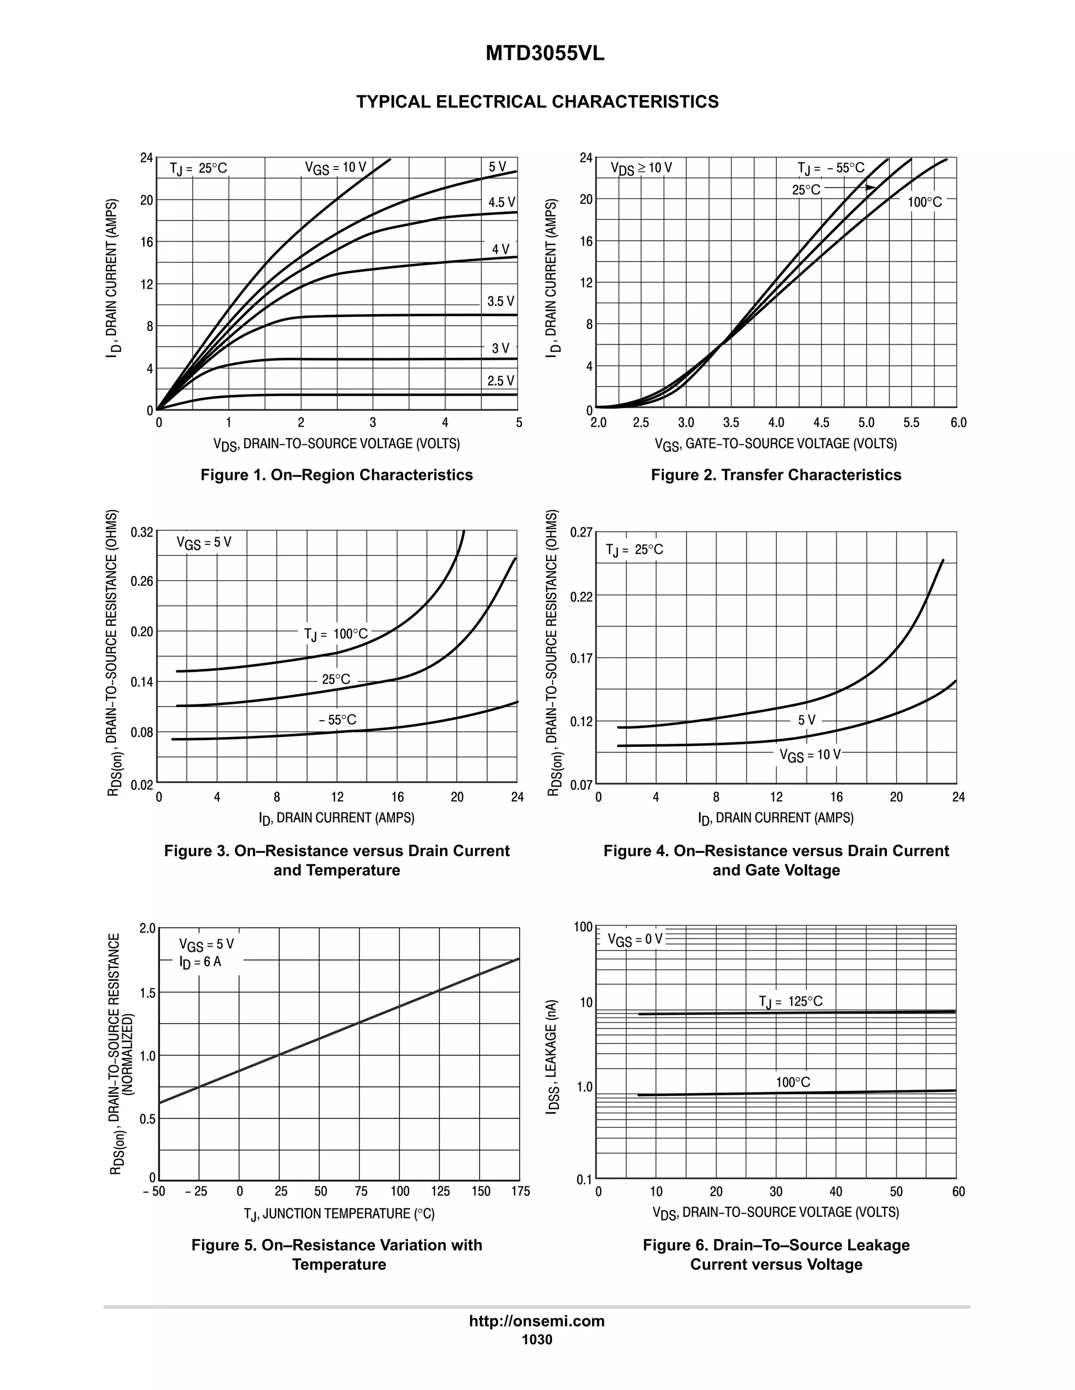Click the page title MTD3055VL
click(544, 54)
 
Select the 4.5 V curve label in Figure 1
click(501, 202)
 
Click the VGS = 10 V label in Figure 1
click(335, 167)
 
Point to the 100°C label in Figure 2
click(925, 202)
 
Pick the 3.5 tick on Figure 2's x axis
click(731, 423)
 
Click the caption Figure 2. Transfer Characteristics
click(776, 475)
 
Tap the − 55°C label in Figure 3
click(338, 720)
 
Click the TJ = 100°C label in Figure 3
click(335, 634)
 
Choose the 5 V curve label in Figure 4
click(806, 720)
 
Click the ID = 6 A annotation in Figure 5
click(200, 961)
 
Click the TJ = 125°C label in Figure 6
click(791, 1001)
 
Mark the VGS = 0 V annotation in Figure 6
click(635, 939)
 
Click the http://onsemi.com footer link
click(537, 1321)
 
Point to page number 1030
click(537, 1340)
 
